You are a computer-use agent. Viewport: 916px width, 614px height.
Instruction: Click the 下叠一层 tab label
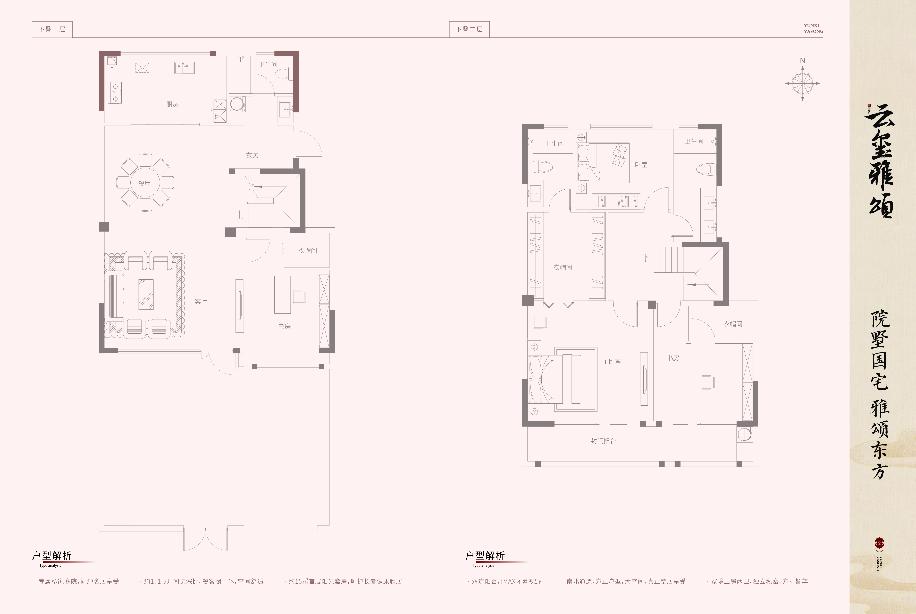pyautogui.click(x=52, y=29)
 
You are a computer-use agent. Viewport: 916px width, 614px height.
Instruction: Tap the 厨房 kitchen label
pyautogui.click(x=172, y=104)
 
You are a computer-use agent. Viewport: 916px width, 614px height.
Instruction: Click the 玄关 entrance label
pyautogui.click(x=252, y=155)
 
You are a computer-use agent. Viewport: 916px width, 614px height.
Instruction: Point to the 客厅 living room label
pyautogui.click(x=201, y=301)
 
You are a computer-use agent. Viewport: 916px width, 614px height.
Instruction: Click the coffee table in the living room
pyautogui.click(x=146, y=295)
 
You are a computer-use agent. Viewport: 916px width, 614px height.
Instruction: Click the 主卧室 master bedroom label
pyautogui.click(x=612, y=361)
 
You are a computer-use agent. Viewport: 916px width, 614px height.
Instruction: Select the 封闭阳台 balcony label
pyautogui.click(x=603, y=441)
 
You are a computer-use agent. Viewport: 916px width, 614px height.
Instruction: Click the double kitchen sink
pyautogui.click(x=184, y=68)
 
